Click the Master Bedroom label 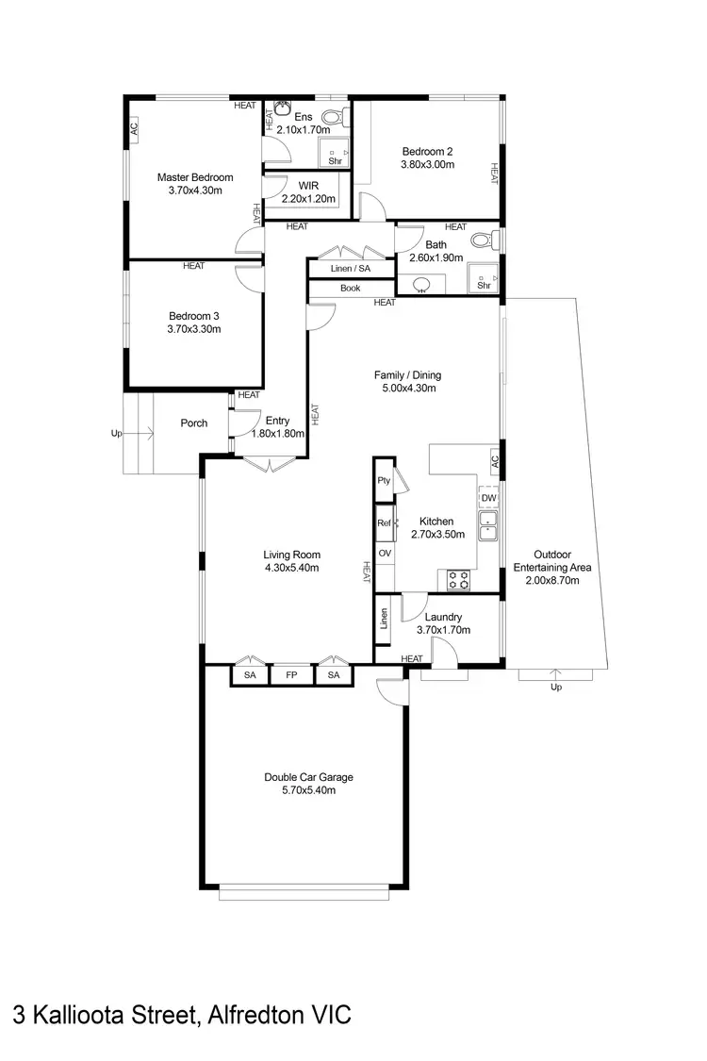click(x=194, y=177)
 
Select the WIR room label click(x=308, y=186)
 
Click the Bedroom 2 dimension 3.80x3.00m click(x=428, y=164)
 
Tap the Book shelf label click(x=351, y=289)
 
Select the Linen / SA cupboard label click(x=351, y=270)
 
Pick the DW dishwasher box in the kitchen click(x=488, y=498)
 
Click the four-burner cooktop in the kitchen click(x=458, y=580)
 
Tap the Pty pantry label click(x=384, y=480)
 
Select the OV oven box click(x=385, y=553)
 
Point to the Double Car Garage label click(x=308, y=777)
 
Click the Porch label click(x=193, y=423)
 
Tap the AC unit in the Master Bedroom click(x=133, y=128)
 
